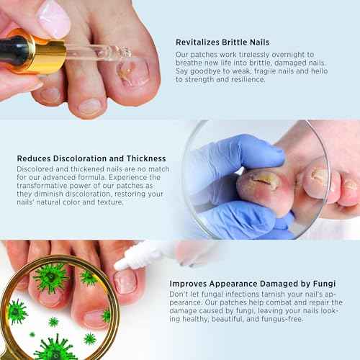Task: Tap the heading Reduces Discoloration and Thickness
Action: coord(91,158)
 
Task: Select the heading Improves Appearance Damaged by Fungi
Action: coord(241,284)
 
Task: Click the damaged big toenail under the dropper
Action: coord(133,72)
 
